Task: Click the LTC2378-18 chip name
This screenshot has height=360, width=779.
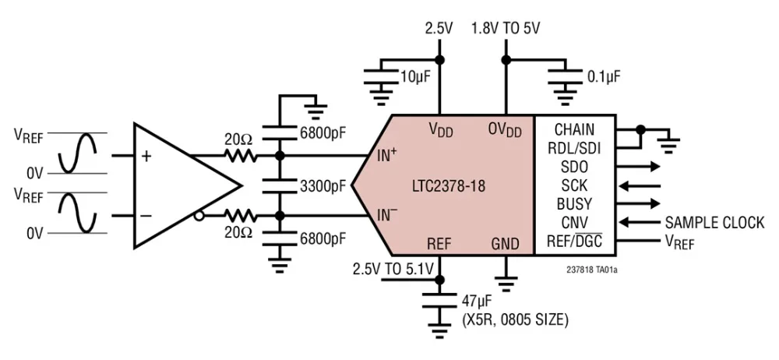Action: coord(449,187)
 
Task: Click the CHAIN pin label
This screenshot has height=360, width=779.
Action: coord(574,129)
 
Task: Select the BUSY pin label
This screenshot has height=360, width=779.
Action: coord(574,204)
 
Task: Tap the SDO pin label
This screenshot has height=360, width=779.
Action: coord(574,167)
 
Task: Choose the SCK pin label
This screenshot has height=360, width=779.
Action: coord(574,185)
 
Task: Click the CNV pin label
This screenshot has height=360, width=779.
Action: coord(574,223)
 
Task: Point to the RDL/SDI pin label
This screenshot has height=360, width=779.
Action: coord(574,147)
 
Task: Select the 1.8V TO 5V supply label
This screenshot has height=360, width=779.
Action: coord(506,28)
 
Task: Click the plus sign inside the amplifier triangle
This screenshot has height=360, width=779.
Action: coord(146,156)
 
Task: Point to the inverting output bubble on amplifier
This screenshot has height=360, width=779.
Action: coord(200,216)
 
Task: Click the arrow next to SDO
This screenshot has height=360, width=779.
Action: coord(643,167)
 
